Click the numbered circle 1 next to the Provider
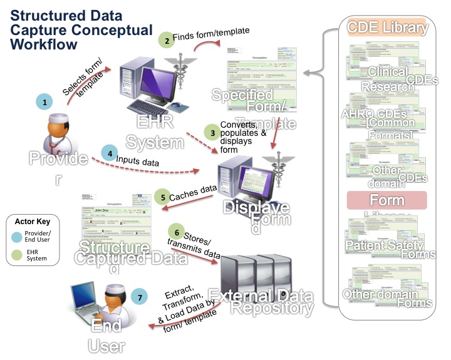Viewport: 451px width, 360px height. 43,100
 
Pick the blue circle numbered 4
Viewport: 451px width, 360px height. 110,153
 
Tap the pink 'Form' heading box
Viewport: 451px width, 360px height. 386,200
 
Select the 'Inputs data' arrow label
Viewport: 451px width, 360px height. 137,161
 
